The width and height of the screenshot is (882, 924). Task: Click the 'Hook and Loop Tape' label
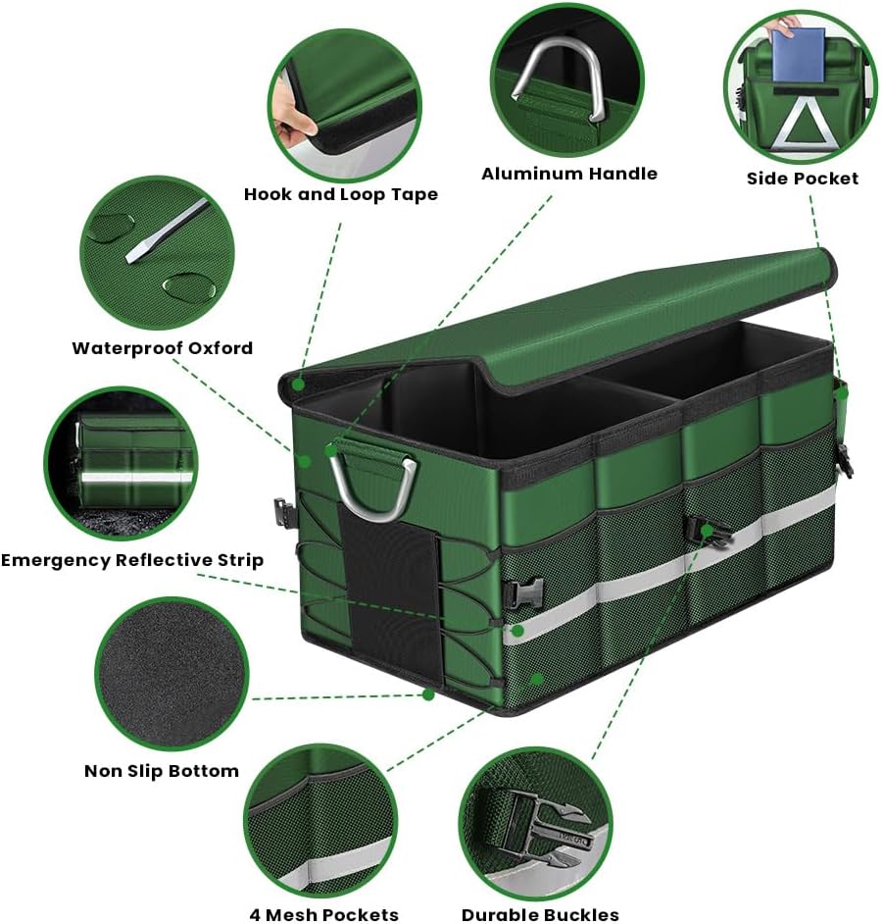point(341,194)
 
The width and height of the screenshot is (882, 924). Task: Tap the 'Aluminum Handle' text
point(569,174)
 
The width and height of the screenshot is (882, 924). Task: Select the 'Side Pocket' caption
point(803,179)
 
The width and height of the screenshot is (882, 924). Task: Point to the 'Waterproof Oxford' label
point(163,347)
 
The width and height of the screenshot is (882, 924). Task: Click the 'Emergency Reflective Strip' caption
point(132,560)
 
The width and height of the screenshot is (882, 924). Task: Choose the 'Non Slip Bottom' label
point(162,771)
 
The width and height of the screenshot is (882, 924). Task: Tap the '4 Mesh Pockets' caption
point(323,914)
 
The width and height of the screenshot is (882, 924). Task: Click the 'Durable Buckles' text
point(540,914)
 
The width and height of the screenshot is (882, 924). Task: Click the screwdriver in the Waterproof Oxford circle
point(168,231)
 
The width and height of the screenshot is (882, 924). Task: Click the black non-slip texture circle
point(171,674)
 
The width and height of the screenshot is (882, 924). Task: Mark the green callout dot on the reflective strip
point(517,631)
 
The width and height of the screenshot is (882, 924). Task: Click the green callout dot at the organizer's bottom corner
point(428,694)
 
